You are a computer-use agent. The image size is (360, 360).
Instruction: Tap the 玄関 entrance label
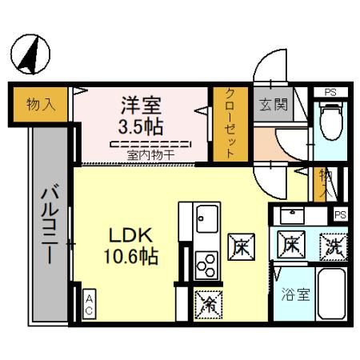coord(269,103)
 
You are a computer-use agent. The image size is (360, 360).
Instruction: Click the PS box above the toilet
coord(329,91)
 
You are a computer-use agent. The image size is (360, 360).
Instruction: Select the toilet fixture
coord(328,120)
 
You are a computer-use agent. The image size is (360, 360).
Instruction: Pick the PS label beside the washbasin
coord(339,214)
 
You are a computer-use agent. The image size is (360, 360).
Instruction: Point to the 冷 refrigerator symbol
coord(206,302)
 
